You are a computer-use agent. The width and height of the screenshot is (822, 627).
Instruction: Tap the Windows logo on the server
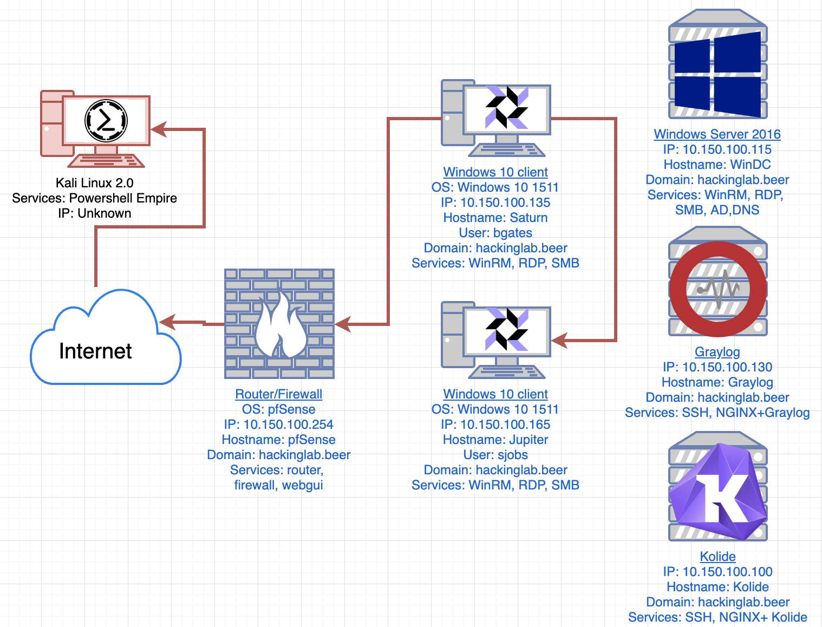(717, 74)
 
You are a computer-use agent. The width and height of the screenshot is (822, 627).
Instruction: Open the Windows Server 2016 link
(717, 134)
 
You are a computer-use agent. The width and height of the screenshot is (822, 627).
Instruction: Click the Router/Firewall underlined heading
(278, 394)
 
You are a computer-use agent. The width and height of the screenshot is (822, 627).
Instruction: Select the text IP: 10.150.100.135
(495, 203)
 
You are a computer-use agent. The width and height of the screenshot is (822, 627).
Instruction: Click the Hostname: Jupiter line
(495, 440)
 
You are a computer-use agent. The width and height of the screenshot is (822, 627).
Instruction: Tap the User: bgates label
(495, 233)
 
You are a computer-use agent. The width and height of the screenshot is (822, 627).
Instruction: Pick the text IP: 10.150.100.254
(278, 424)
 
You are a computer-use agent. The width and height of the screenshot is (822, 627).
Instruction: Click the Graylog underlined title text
(717, 352)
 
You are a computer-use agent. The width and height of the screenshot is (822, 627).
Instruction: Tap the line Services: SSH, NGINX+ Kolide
(717, 617)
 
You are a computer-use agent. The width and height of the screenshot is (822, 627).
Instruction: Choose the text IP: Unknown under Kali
(95, 213)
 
